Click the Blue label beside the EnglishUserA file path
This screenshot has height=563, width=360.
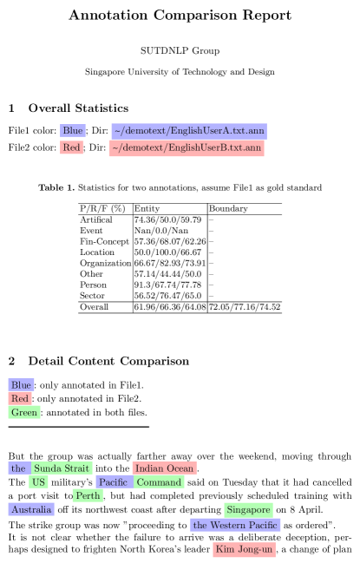pyautogui.click(x=73, y=131)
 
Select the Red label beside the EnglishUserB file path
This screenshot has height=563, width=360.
pyautogui.click(x=72, y=147)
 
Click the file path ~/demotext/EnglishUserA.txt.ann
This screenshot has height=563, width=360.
pyautogui.click(x=188, y=131)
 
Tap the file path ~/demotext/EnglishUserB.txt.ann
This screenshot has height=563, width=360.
pyautogui.click(x=186, y=148)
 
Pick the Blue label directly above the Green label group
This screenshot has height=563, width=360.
pyautogui.click(x=21, y=385)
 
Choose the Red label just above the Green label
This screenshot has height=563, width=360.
pyautogui.click(x=20, y=399)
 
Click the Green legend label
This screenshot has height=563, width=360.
pyautogui.click(x=24, y=413)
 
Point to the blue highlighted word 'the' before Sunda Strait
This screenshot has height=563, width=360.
pyautogui.click(x=18, y=468)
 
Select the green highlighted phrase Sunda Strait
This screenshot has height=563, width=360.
pyautogui.click(x=62, y=468)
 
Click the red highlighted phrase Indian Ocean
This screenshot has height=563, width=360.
pyautogui.click(x=164, y=468)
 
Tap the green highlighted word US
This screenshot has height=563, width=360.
pyautogui.click(x=39, y=482)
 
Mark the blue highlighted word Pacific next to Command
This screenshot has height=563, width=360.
pyautogui.click(x=113, y=482)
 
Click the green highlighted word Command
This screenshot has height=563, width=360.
pyautogui.click(x=160, y=482)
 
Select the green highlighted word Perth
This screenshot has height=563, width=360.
pyautogui.click(x=88, y=496)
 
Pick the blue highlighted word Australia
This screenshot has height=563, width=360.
pyautogui.click(x=31, y=510)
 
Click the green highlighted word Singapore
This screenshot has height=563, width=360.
pyautogui.click(x=248, y=510)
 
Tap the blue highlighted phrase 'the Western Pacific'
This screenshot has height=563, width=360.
pyautogui.click(x=235, y=526)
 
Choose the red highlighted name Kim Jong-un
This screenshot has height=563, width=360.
pyautogui.click(x=244, y=550)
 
